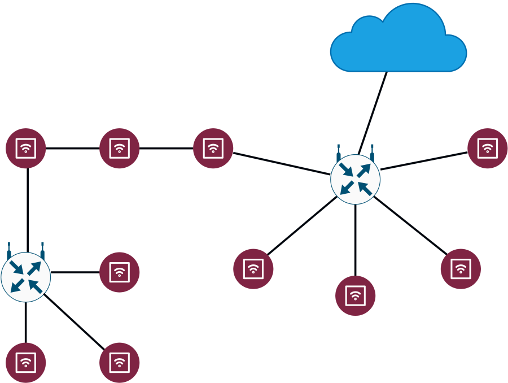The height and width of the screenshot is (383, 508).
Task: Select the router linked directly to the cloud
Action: pyautogui.click(x=355, y=179)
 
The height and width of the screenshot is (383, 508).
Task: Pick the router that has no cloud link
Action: pyautogui.click(x=26, y=277)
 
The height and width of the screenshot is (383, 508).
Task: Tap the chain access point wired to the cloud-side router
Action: pyautogui.click(x=213, y=148)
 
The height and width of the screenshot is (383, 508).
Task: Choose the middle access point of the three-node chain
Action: pyautogui.click(x=119, y=148)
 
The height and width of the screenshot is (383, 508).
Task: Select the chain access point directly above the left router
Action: pyautogui.click(x=25, y=148)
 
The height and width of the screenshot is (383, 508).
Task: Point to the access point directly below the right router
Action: pyautogui.click(x=355, y=295)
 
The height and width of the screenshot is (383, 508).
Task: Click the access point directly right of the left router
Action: pyautogui.click(x=119, y=272)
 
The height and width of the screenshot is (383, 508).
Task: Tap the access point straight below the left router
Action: pyautogui.click(x=25, y=363)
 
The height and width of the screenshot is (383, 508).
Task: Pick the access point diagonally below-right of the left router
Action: pyautogui.click(x=119, y=363)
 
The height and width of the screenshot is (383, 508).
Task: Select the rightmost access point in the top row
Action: pyautogui.click(x=487, y=148)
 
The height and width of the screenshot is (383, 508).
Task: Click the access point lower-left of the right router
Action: pyautogui.click(x=253, y=269)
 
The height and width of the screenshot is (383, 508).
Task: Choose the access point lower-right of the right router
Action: pyautogui.click(x=461, y=269)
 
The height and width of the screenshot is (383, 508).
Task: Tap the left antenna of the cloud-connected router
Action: pyautogui.click(x=339, y=153)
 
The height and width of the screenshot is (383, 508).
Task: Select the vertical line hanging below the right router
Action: pyautogui.click(x=355, y=240)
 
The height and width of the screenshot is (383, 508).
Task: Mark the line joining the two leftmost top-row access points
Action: pyautogui.click(x=72, y=149)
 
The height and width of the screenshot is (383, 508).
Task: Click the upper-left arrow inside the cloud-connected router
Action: pyautogui.click(x=346, y=169)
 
